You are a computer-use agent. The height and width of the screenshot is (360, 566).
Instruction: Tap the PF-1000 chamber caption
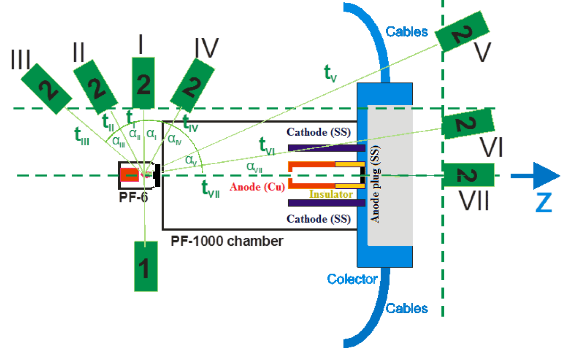click(227, 241)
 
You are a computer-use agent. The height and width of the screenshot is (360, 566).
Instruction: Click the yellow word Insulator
click(331, 194)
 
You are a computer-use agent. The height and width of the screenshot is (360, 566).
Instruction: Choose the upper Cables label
click(407, 32)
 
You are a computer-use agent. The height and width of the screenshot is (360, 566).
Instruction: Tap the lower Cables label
click(407, 308)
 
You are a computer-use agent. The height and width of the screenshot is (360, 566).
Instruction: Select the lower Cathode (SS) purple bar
click(326, 203)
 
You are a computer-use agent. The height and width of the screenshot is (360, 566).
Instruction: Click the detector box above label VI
click(467, 124)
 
